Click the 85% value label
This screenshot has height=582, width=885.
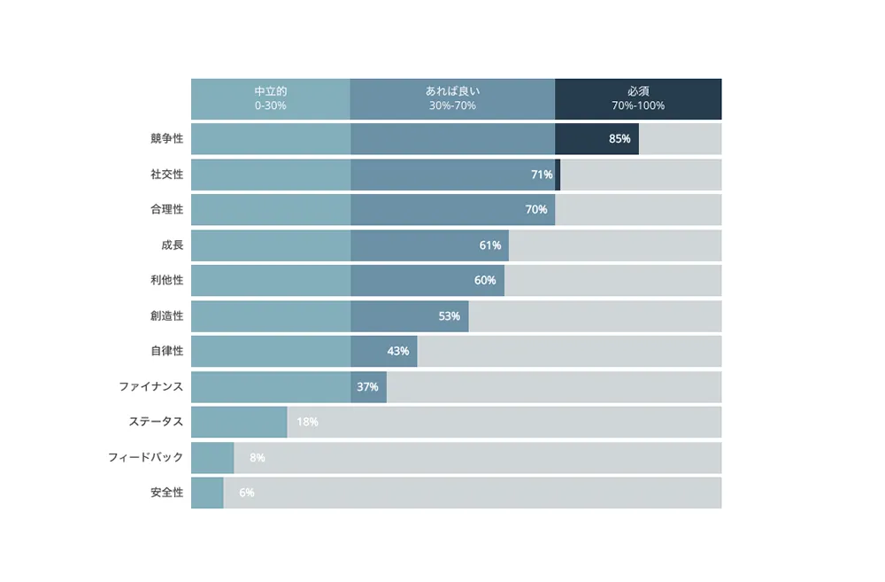point(619,139)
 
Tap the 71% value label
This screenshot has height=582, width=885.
point(542,175)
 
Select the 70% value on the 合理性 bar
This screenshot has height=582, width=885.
point(536,210)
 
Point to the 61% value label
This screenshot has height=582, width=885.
point(490,245)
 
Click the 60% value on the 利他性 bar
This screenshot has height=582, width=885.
point(485,281)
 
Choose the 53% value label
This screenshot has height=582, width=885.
point(450,316)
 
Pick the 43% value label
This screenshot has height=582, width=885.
point(398,352)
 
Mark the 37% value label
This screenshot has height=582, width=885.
point(367,387)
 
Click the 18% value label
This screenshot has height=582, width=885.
point(307,423)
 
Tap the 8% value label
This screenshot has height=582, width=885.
point(258,458)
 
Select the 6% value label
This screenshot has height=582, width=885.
point(247,493)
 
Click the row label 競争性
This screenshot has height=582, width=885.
point(166,139)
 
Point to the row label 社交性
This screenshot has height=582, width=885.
point(166,175)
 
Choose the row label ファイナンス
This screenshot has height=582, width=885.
point(151,387)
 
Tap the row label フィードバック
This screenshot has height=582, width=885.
point(145,458)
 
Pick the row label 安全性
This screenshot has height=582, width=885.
point(166,493)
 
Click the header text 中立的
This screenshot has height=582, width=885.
point(270,91)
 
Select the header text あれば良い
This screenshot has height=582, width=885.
point(452,91)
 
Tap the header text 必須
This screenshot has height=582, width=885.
point(638,91)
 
